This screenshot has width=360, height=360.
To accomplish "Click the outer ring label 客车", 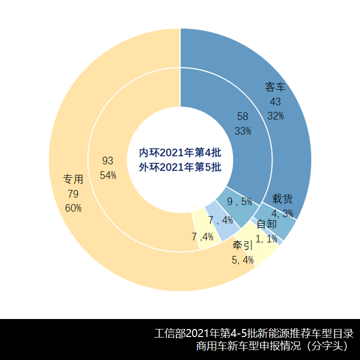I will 275,87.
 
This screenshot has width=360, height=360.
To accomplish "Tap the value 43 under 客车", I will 275,101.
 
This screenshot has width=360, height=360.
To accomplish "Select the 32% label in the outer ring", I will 275,116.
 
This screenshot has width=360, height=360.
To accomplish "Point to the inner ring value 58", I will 242,116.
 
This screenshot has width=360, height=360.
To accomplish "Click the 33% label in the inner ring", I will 242,131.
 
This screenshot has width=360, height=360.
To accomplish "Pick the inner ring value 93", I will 107,160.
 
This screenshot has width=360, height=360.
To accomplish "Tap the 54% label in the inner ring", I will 107,175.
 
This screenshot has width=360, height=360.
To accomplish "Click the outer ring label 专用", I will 73,179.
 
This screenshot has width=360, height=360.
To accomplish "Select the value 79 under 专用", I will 73,193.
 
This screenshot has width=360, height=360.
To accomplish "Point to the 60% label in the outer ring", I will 73,208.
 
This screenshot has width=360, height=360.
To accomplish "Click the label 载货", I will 282,198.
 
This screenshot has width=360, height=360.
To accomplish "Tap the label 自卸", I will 266,224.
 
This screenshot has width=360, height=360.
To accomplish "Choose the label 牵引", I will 242,246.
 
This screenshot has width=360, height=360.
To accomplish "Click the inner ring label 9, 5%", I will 239,202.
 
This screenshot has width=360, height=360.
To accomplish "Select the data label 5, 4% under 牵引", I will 242,259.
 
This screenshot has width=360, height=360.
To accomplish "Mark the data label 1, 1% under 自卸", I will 266,238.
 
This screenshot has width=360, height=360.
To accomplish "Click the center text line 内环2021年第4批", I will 180,152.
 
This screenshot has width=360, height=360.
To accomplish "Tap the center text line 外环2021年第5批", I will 180,167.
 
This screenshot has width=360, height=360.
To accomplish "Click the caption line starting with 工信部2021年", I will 254,333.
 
